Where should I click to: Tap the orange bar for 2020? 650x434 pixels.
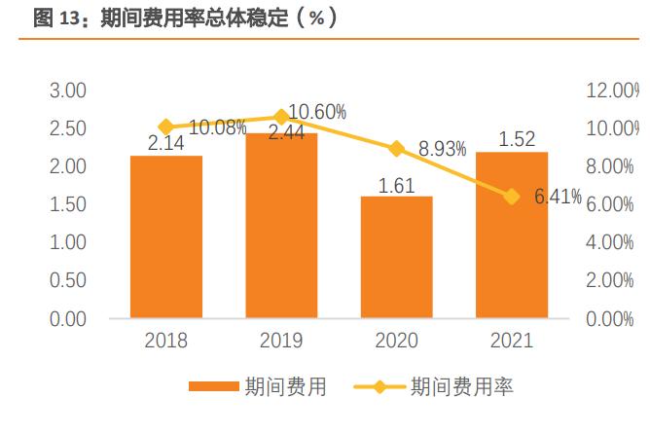[x=396, y=257]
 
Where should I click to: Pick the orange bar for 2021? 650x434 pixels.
[x=511, y=235]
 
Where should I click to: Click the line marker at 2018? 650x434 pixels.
[x=166, y=127]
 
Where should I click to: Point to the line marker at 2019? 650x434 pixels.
[x=281, y=117]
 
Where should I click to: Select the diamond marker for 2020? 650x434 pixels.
[x=396, y=149]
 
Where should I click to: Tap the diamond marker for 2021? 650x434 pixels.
[x=511, y=197]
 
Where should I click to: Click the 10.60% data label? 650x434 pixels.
[x=318, y=113]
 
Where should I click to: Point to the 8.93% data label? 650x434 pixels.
[x=442, y=150]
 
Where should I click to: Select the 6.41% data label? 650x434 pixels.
[x=558, y=198]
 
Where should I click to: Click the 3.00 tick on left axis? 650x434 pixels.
[x=68, y=90]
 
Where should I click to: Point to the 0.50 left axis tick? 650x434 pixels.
[x=68, y=281]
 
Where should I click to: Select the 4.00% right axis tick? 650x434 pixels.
[x=610, y=243]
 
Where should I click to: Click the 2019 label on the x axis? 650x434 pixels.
[x=281, y=341]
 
